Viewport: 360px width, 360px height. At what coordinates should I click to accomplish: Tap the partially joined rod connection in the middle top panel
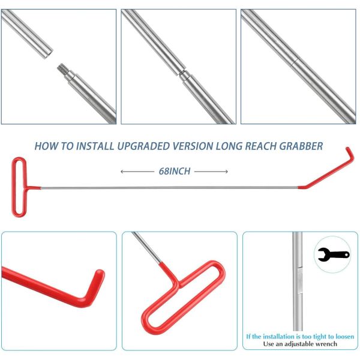click(x=184, y=75)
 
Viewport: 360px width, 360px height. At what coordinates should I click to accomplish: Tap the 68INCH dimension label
click(x=175, y=171)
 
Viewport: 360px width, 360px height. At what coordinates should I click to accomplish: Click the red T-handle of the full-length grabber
click(x=19, y=186)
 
